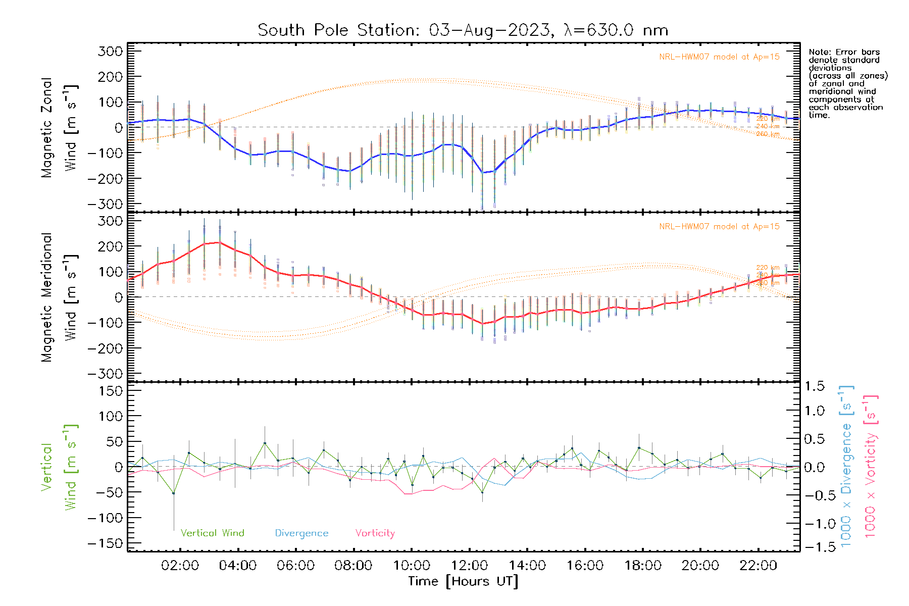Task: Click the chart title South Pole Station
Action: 463,30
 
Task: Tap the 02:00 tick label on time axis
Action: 180,566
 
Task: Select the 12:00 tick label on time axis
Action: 469,566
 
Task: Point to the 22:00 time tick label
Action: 758,566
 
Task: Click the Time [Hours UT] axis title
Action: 463,581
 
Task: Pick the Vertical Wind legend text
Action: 212,533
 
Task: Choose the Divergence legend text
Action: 301,533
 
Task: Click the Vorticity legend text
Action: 375,533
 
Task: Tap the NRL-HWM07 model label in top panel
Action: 719,57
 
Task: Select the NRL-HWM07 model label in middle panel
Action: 719,227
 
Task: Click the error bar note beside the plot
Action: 847,83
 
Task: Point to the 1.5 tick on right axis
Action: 814,386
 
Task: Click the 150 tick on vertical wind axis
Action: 111,391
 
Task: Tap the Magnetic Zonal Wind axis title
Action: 60,127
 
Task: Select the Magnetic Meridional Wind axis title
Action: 60,297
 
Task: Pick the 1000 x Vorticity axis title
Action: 870,466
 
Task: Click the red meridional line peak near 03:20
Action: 219,242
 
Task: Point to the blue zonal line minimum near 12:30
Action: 482,173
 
